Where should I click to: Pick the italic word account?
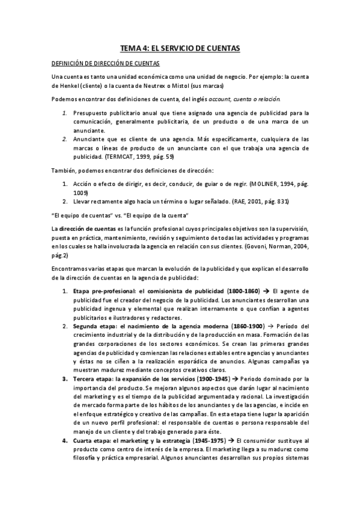pos(220,99)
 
